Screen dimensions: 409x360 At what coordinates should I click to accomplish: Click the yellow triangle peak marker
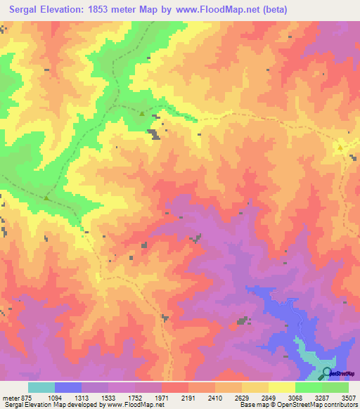click(340, 148)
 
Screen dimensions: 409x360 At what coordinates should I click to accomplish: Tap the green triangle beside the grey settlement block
click(143, 114)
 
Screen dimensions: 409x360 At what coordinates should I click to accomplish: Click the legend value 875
click(25, 398)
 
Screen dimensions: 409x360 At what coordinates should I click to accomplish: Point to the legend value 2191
click(189, 398)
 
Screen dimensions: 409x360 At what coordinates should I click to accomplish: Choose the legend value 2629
click(243, 398)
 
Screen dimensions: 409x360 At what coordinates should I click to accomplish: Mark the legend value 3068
click(296, 398)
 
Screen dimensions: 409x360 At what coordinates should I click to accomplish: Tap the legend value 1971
click(162, 398)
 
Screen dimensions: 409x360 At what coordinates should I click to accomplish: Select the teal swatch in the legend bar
click(41, 387)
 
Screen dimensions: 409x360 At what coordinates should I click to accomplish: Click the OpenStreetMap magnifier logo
click(328, 372)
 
